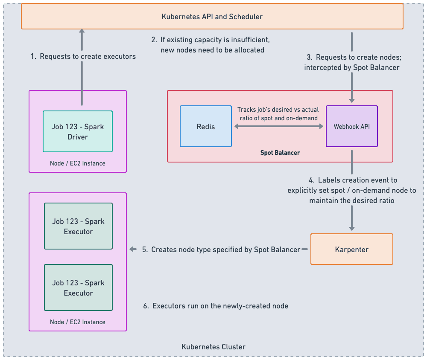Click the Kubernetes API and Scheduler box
(x=212, y=17)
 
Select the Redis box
(x=206, y=127)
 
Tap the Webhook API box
(x=351, y=127)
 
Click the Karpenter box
(x=351, y=249)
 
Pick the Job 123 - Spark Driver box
(x=78, y=131)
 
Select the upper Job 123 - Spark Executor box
(x=78, y=226)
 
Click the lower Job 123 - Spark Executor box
(x=78, y=287)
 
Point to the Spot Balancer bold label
(x=280, y=153)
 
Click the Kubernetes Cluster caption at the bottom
(x=213, y=347)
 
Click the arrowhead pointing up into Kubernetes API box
(x=82, y=32)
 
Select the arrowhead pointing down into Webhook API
(x=351, y=101)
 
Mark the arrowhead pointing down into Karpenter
(x=351, y=229)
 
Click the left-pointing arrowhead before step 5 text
(x=133, y=250)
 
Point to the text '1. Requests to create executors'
(x=83, y=56)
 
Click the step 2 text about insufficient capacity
(x=211, y=45)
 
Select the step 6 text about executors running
(x=216, y=306)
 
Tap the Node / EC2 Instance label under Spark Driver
(x=78, y=163)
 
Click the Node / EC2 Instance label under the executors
(x=78, y=322)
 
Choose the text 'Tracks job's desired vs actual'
(x=278, y=110)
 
